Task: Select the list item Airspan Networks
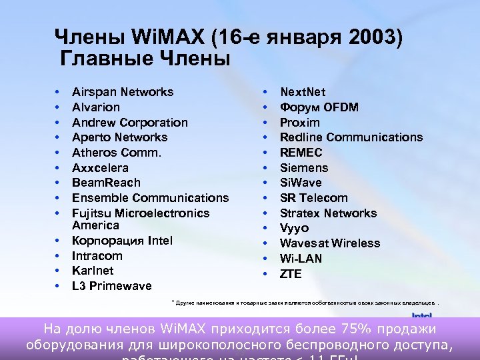coord(123,92)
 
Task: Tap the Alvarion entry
coord(96,107)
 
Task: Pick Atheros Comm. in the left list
coord(117,153)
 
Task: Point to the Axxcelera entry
coord(100,168)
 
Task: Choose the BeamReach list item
coord(106,183)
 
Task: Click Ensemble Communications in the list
coord(150,198)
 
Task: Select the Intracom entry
coord(97,256)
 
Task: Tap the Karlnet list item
coord(93,271)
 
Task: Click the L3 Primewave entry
coord(111,286)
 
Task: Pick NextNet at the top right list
coord(303,92)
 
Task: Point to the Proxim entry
coord(300,123)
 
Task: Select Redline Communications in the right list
coord(351,137)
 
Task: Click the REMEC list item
coord(301,153)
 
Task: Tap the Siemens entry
coord(304,168)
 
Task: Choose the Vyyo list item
coord(294,228)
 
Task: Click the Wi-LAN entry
coord(301,259)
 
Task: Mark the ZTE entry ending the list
coord(291,274)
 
